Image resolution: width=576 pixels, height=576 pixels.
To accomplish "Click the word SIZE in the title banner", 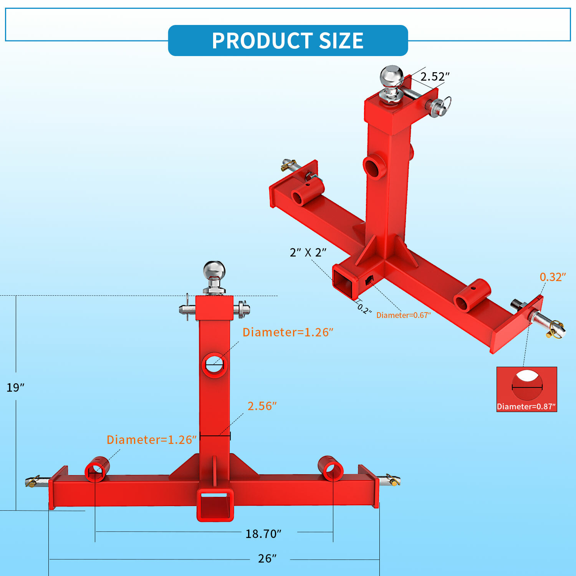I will (x=341, y=41).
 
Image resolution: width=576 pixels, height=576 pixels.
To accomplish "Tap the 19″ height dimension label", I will (x=15, y=387).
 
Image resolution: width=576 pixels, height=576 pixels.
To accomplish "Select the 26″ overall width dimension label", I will (x=267, y=558).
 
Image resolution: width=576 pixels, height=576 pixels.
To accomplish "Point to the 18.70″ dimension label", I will (x=263, y=533).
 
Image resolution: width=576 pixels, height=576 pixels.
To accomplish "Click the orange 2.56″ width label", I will (x=262, y=406).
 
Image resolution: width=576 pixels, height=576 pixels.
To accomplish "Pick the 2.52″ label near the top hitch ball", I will (x=435, y=76).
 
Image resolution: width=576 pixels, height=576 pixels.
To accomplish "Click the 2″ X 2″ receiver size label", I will (x=308, y=252).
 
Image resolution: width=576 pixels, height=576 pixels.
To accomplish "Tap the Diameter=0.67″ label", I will (x=403, y=315).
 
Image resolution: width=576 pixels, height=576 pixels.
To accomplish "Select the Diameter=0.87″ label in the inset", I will (x=526, y=407).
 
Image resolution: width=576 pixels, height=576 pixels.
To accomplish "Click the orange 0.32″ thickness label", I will (x=553, y=277).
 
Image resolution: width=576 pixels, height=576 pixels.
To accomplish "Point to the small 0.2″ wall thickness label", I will (x=364, y=309).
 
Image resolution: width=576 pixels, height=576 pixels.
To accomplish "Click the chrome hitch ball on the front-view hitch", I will (x=214, y=271).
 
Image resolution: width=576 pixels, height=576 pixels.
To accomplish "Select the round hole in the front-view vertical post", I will (x=214, y=364).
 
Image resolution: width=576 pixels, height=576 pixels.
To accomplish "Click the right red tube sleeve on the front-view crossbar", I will (x=331, y=468).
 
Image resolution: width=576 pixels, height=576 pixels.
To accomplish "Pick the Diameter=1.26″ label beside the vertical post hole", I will (x=288, y=332).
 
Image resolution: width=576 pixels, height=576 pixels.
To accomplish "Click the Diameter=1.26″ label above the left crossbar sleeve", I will (x=152, y=440).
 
